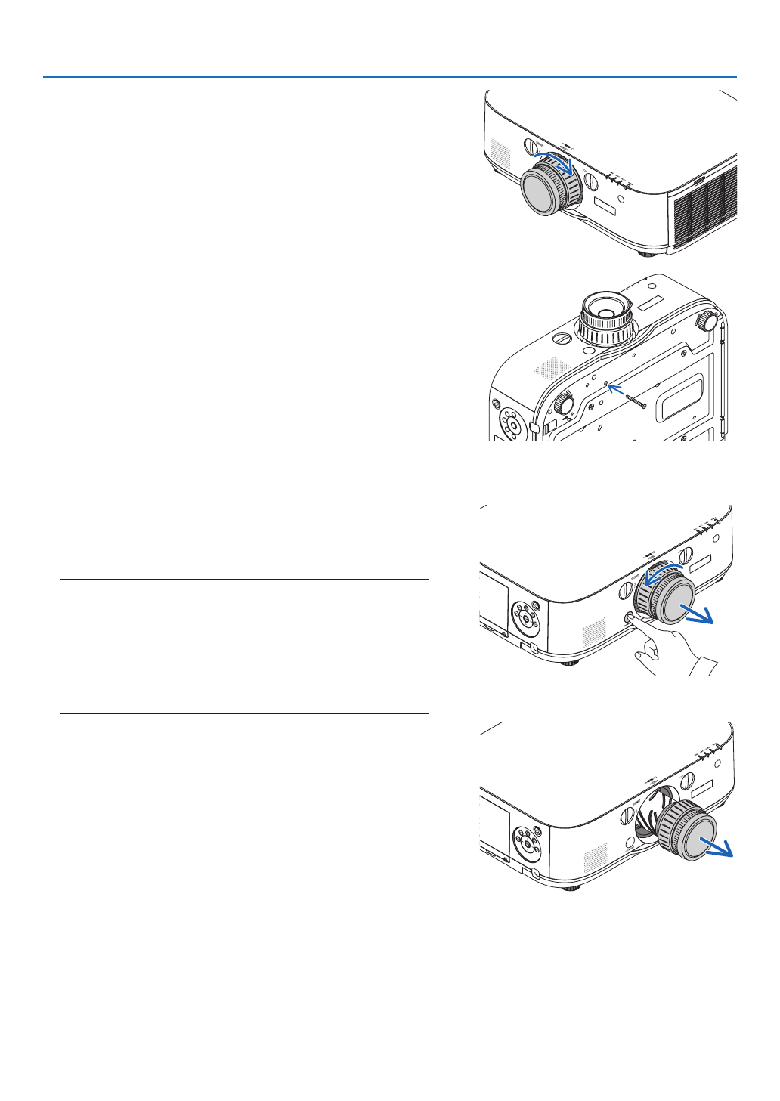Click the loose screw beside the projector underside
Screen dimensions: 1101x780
636,401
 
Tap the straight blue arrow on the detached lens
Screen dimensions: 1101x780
716,849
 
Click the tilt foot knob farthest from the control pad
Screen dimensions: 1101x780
706,320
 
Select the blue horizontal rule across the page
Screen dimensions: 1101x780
389,77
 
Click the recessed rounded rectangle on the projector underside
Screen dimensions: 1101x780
682,398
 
